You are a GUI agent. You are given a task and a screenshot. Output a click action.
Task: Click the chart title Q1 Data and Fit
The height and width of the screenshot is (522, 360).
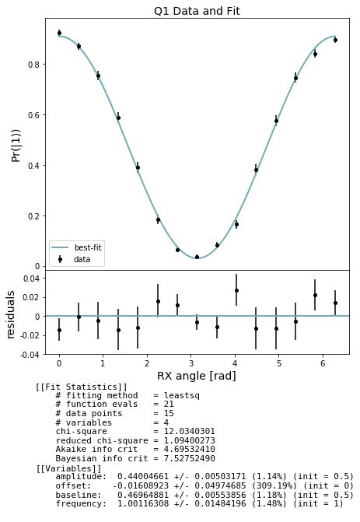pos(197,11)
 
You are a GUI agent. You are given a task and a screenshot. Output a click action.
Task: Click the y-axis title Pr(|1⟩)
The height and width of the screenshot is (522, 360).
pos(15,145)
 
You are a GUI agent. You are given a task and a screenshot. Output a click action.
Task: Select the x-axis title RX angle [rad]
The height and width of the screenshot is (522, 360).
pos(197,376)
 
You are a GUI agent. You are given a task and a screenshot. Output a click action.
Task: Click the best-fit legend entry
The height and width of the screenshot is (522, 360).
pos(88,247)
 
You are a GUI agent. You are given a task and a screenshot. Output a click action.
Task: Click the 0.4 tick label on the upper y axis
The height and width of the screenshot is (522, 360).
pos(36,166)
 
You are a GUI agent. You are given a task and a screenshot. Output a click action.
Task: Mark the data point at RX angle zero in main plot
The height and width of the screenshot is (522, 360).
pos(59,33)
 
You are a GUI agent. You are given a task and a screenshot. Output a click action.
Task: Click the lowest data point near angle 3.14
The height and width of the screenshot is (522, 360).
pos(197,257)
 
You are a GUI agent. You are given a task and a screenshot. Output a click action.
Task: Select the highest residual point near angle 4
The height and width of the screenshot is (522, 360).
pos(236,290)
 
